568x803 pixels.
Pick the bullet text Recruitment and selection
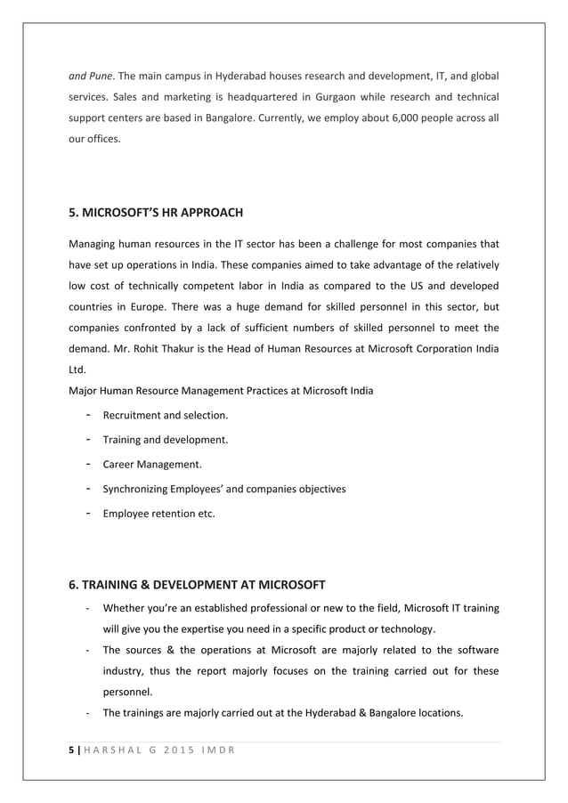166,415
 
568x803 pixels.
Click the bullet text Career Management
152,464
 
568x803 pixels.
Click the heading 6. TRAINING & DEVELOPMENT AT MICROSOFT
197,584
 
